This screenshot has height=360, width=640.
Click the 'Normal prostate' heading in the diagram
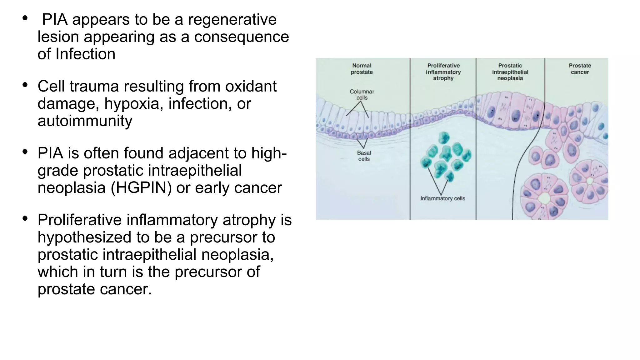pos(362,69)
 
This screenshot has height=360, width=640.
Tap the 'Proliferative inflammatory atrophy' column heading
pos(443,72)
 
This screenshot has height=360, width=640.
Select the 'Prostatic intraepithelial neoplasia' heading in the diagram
pos(510,72)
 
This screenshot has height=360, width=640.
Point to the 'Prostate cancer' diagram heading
pos(580,69)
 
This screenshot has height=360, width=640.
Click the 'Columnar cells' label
pos(362,95)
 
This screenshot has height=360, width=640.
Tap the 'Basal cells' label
pos(364,156)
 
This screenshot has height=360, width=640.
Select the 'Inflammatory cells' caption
pos(442,198)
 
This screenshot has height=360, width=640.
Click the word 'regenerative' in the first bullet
pos(232,19)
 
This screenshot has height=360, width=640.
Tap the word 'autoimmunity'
pos(85,121)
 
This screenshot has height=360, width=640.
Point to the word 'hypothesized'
pos(85,237)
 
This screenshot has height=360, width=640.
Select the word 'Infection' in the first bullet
pos(85,54)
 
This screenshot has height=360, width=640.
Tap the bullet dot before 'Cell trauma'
pos(25,85)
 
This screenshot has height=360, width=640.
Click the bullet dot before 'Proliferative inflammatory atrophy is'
pos(25,218)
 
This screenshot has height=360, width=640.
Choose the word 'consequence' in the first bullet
pos(242,37)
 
